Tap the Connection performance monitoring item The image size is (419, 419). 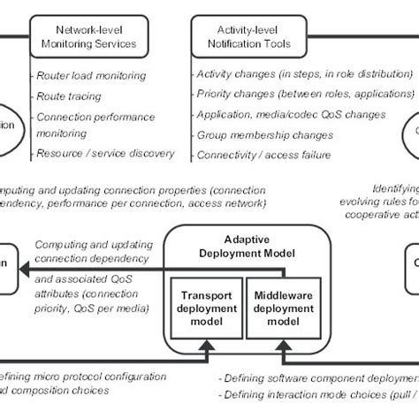(95, 124)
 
